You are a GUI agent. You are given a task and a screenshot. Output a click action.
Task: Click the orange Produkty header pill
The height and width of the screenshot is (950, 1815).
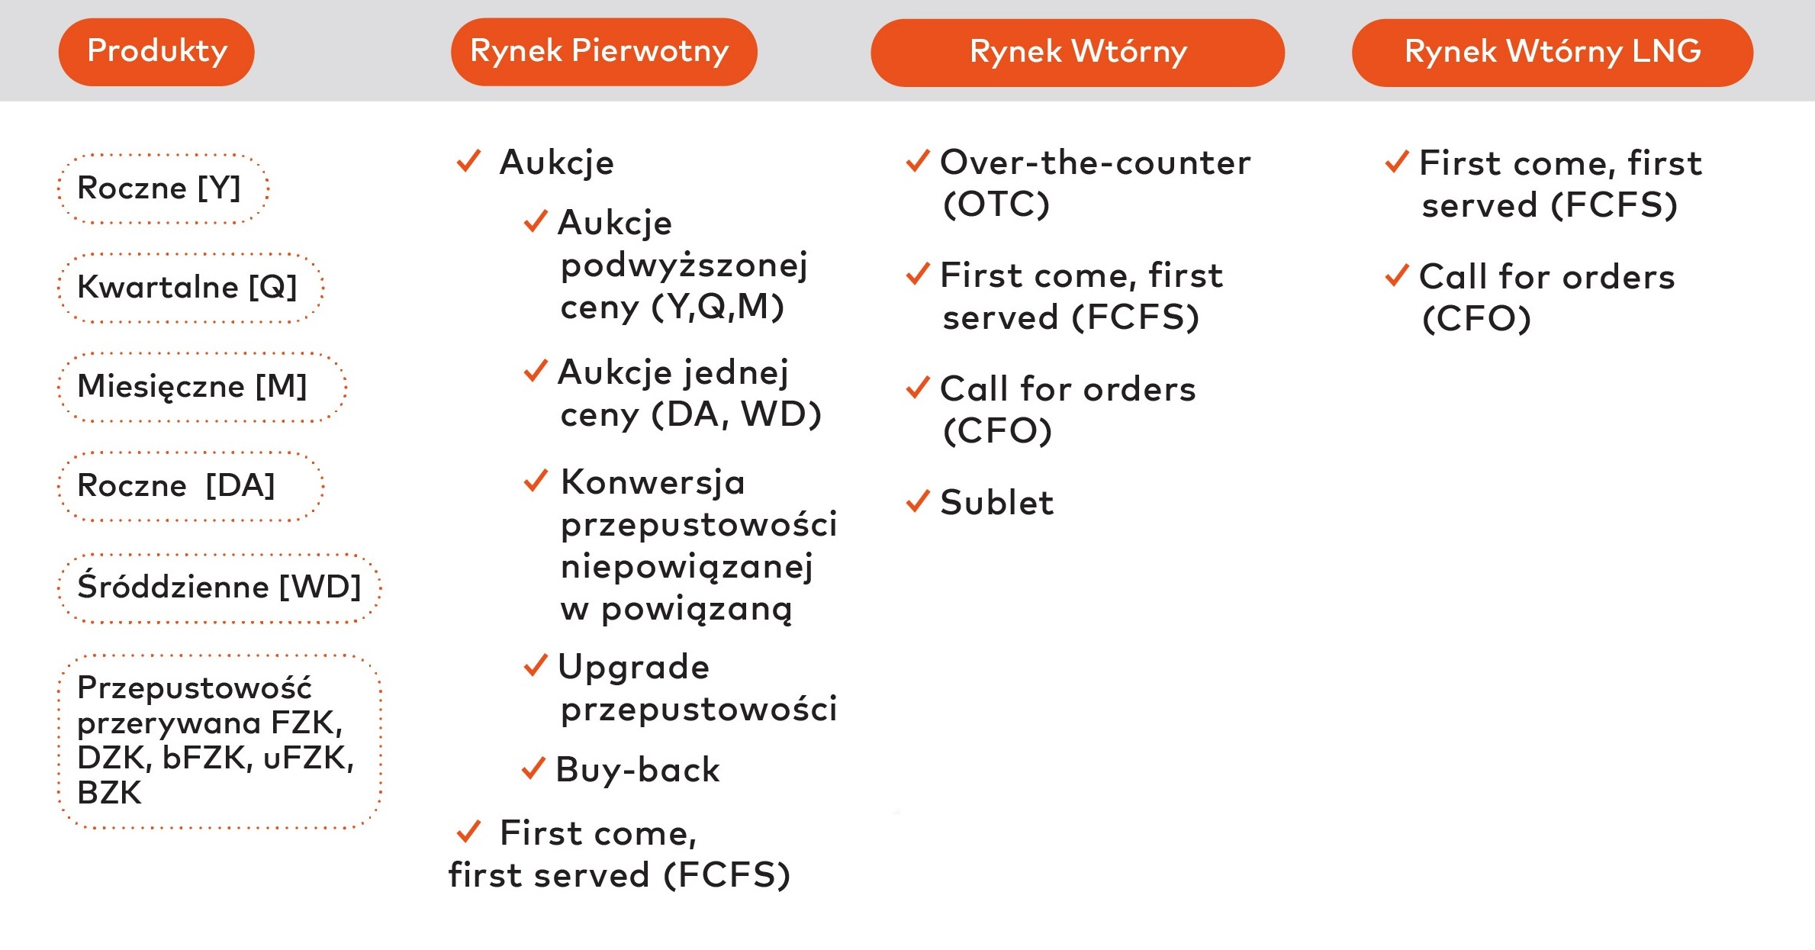coord(156,52)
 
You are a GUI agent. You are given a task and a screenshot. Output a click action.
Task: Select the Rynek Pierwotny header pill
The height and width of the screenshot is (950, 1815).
coord(603,52)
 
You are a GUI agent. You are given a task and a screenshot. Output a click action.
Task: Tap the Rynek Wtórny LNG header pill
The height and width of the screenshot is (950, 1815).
coord(1552,53)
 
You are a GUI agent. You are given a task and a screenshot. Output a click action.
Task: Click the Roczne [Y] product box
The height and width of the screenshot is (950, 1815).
coord(163,188)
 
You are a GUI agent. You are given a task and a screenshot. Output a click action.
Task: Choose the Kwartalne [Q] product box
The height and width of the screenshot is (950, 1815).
coord(190,288)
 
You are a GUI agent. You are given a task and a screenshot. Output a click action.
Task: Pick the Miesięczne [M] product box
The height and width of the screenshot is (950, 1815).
coord(201,387)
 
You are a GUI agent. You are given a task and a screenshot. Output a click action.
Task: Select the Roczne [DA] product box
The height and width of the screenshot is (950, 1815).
coord(190,486)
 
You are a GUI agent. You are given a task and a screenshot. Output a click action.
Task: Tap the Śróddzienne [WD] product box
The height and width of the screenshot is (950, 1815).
coord(219,588)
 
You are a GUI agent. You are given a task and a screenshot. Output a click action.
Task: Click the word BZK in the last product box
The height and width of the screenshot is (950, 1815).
coord(109,793)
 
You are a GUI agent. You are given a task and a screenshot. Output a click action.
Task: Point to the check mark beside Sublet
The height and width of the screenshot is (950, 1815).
coord(918,501)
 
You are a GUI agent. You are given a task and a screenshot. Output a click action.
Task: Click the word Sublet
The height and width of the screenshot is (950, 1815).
coord(996,503)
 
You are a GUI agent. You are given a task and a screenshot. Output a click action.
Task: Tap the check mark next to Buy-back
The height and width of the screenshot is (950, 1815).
coord(533,768)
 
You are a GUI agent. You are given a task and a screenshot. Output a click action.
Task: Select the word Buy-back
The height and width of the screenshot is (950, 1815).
coord(638,770)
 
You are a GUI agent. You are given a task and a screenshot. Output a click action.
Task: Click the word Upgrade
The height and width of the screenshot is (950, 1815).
coord(634,668)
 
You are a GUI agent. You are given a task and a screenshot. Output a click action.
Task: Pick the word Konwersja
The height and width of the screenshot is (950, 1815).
coord(652,482)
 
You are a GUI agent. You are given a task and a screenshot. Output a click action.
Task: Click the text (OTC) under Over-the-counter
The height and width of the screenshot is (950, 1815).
coord(996,204)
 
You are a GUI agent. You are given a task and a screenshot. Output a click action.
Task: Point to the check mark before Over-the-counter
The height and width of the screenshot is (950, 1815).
coord(918,161)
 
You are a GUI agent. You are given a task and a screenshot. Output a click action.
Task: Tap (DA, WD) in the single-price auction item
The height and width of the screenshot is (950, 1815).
coord(736,414)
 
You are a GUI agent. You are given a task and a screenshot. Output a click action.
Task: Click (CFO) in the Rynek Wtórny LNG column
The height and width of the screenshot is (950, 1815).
coord(1476,318)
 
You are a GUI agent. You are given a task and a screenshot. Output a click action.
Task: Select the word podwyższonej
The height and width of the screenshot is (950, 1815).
coord(684,266)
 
